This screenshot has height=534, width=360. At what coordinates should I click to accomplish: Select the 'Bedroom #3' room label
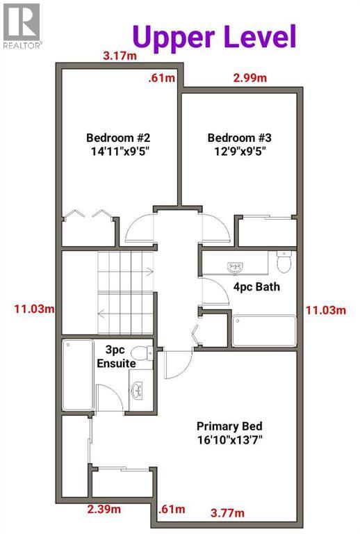click(x=236, y=137)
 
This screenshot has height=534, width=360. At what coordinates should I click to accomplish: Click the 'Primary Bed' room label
click(x=229, y=426)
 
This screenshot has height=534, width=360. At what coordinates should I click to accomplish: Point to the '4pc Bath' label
click(x=256, y=286)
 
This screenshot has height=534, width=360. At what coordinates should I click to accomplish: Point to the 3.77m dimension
click(x=227, y=514)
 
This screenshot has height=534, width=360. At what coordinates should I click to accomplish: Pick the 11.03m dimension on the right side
click(x=325, y=309)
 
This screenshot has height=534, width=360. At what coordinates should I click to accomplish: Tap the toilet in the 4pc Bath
click(x=284, y=262)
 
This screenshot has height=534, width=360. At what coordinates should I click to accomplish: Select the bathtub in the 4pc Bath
click(x=263, y=331)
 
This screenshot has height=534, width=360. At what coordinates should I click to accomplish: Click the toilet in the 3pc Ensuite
click(x=142, y=352)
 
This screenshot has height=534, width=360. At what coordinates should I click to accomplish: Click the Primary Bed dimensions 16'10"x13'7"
click(x=229, y=439)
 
